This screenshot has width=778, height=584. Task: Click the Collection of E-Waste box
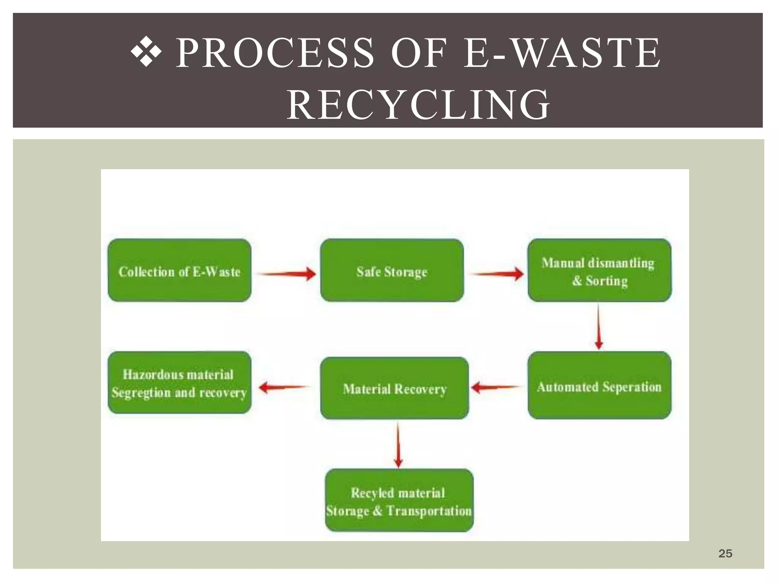179,271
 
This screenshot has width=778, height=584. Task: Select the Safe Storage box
392,271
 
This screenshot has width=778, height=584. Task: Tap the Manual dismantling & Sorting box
599,271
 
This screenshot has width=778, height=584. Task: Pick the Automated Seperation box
599,386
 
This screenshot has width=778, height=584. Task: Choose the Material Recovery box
394,389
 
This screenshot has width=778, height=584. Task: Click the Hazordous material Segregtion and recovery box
179,382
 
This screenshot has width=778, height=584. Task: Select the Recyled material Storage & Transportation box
399,500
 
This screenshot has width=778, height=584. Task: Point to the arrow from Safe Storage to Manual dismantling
496,273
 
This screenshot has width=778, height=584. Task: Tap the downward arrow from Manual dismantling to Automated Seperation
598,327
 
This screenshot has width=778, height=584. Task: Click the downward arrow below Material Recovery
398,445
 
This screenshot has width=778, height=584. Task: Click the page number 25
725,554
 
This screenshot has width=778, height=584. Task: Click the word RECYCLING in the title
418,105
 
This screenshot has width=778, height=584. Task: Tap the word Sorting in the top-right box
606,281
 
